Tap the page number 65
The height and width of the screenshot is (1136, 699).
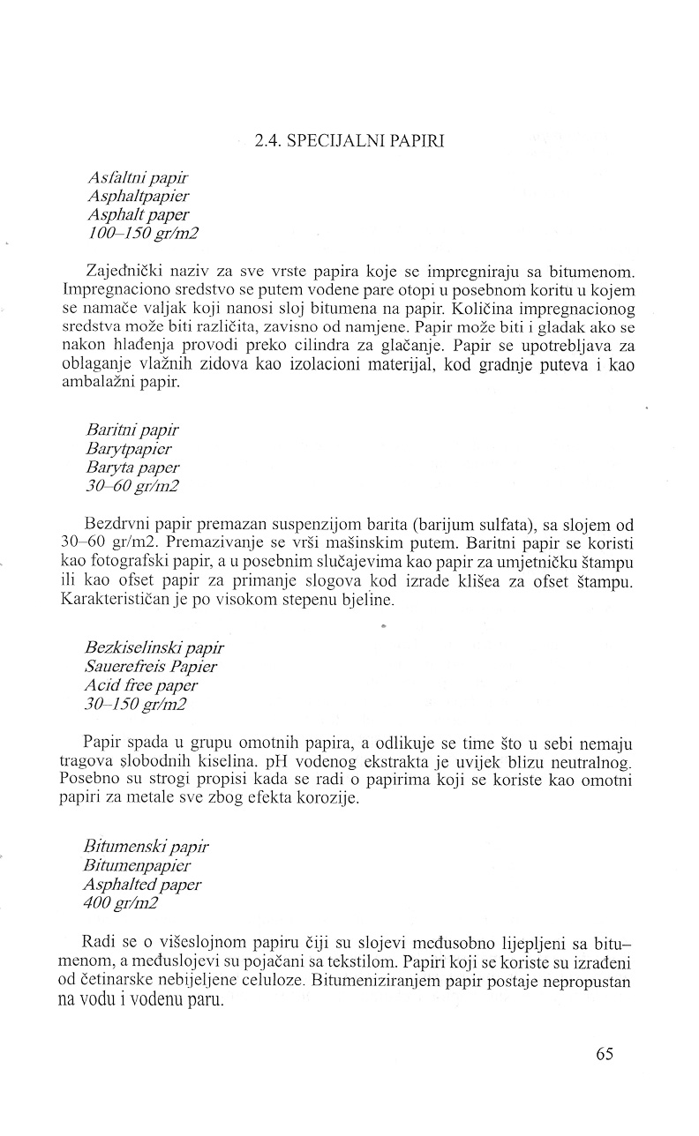point(604,1054)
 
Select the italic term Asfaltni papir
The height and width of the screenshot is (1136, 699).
point(132,179)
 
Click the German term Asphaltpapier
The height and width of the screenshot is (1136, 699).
point(138,197)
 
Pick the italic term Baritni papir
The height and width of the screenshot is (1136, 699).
point(132,430)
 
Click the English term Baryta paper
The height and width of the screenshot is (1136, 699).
point(132,467)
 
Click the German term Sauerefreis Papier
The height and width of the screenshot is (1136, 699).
point(151,667)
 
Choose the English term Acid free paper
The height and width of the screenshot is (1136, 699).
point(141,685)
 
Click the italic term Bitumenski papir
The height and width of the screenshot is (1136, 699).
point(146,847)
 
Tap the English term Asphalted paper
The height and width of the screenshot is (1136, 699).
point(142,884)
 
